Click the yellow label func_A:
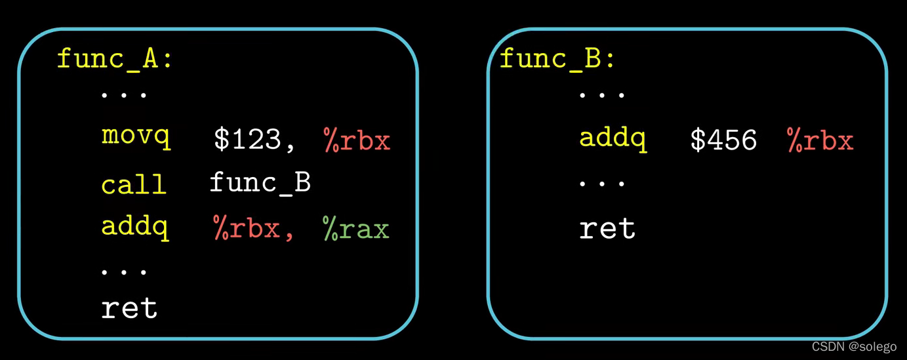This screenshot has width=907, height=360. pos(115,59)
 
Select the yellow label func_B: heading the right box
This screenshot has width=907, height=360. pos(557,59)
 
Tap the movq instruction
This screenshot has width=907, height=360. pos(136,137)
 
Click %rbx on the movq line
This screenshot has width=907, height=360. pos(357,140)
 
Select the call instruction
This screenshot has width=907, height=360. pos(133,184)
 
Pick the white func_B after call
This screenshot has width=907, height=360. pos(260,182)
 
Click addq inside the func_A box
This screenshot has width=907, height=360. pos(135,227)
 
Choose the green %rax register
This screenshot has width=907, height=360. pos(356,228)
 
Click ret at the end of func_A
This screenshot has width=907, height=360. pos(129,308)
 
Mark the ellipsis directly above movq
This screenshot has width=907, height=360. pos(125,96)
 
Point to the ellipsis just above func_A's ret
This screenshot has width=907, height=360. pos(125,270)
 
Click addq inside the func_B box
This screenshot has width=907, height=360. pos(613,139)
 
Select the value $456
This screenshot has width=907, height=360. pos(723,140)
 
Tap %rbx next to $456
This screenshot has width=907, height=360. pos(820,140)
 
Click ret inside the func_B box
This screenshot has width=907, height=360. pos(607,228)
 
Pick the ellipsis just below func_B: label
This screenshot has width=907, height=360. pos(602,96)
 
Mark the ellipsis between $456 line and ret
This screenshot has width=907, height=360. pos(602,183)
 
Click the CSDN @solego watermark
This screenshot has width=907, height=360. pos(853,346)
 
